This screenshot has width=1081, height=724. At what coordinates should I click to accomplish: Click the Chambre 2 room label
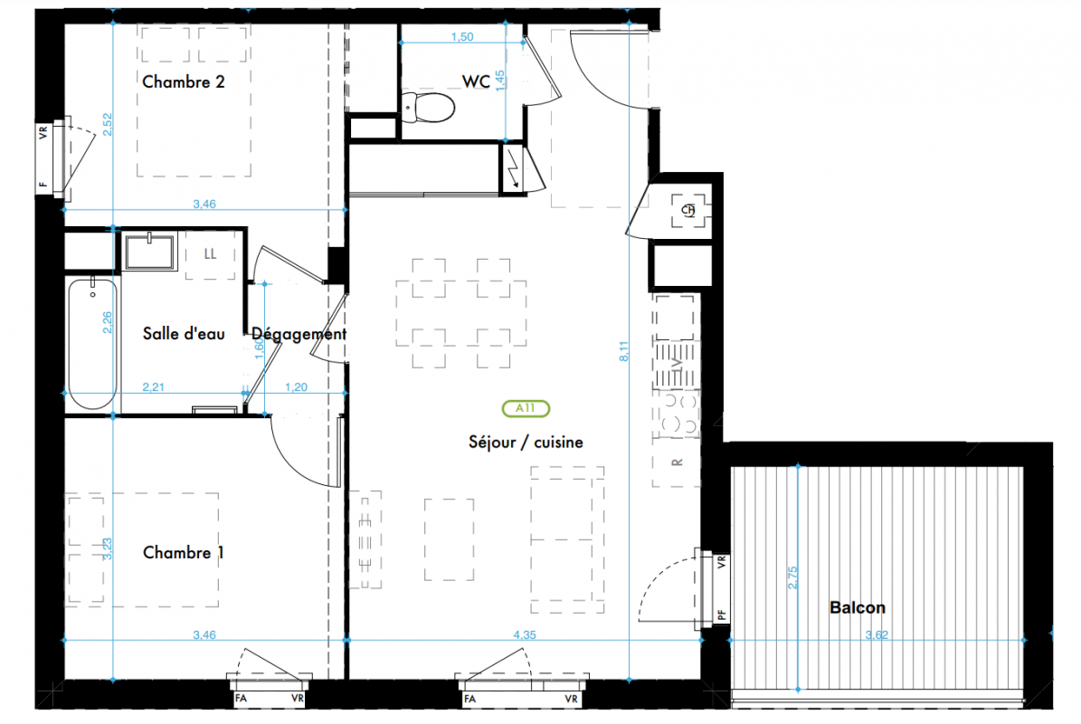pyautogui.click(x=184, y=82)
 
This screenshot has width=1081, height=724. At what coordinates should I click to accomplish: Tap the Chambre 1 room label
pyautogui.click(x=184, y=552)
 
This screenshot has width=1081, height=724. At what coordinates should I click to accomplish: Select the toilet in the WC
pyautogui.click(x=428, y=108)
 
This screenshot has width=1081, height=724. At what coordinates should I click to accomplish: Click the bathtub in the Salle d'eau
pyautogui.click(x=92, y=343)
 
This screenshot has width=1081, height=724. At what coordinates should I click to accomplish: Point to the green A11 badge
pyautogui.click(x=526, y=408)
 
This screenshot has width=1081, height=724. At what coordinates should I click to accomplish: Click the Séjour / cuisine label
pyautogui.click(x=526, y=442)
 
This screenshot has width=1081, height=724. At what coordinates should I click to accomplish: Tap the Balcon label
pyautogui.click(x=858, y=607)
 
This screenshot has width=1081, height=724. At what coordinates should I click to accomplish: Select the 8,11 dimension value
pyautogui.click(x=624, y=351)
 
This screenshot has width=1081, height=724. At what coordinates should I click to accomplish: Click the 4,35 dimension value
pyautogui.click(x=525, y=634)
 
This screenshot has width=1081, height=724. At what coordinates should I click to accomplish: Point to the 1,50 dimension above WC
pyautogui.click(x=462, y=36)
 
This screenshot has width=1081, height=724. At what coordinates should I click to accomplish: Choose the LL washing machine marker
pyautogui.click(x=210, y=253)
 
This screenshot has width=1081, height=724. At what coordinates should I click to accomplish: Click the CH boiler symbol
pyautogui.click(x=688, y=210)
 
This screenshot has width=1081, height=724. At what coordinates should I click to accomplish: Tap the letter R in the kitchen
pyautogui.click(x=677, y=462)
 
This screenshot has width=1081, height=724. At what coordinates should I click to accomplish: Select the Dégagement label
pyautogui.click(x=299, y=335)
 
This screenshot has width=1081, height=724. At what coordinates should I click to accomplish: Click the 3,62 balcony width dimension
pyautogui.click(x=877, y=634)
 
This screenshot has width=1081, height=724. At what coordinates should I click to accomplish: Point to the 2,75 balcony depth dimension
pyautogui.click(x=792, y=577)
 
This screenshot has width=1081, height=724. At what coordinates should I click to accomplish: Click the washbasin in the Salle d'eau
pyautogui.click(x=149, y=251)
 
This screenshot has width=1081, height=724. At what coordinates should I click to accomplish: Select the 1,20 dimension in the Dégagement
pyautogui.click(x=297, y=386)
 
